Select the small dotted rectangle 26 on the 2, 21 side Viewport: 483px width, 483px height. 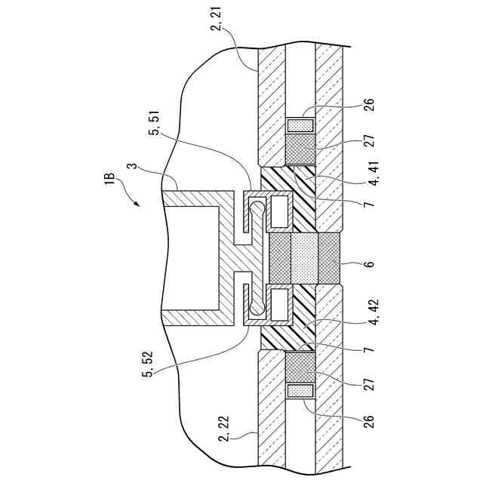click(301, 124)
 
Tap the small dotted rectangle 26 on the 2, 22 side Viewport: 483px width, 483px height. click(301, 392)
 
